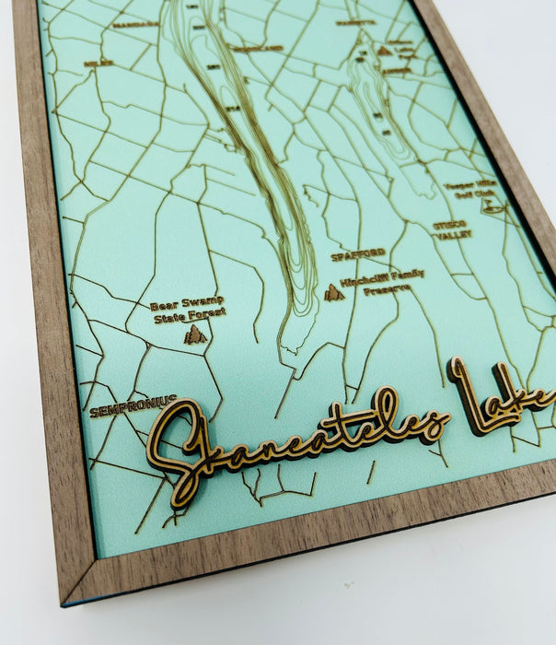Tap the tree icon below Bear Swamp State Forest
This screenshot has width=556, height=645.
pos(193,334)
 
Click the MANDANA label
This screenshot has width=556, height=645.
pos(135,25)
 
